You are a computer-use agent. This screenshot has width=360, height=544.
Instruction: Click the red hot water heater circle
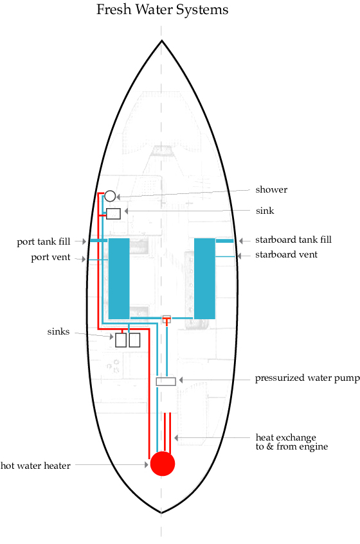coord(163,464)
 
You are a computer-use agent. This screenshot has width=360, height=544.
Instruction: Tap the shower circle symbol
coord(110,196)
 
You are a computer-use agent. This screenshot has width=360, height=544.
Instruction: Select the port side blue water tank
coord(119,278)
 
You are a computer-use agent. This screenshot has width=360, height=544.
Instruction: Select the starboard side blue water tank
coord(204,278)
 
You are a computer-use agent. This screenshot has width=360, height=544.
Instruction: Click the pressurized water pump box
coord(166,382)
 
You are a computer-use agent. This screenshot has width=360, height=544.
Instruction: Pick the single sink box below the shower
coord(114,214)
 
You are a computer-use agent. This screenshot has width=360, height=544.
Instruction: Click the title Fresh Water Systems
coord(163,10)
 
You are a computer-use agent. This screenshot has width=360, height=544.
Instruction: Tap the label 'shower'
coord(271,189)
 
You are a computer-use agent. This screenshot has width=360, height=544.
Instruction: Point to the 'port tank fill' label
coord(44,241)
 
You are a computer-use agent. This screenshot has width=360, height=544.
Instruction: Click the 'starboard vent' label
coord(287,254)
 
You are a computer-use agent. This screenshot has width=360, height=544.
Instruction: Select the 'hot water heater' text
coord(35,466)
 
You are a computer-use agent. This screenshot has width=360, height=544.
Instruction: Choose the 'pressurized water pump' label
coord(307,378)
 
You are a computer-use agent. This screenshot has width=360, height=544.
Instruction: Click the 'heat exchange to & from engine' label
coord(292,442)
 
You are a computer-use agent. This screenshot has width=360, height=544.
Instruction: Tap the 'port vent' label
coord(51,258)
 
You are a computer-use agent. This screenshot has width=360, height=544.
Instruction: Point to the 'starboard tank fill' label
coord(293,240)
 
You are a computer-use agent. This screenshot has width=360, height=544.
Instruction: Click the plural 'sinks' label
coord(59,331)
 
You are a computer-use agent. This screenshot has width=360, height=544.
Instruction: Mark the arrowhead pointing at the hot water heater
coord(147,465)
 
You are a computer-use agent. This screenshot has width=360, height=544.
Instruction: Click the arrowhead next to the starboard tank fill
coord(241,241)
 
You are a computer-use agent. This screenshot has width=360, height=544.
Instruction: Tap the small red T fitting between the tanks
coord(167,320)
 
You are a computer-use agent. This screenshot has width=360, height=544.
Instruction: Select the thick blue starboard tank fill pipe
coord(224,241)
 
